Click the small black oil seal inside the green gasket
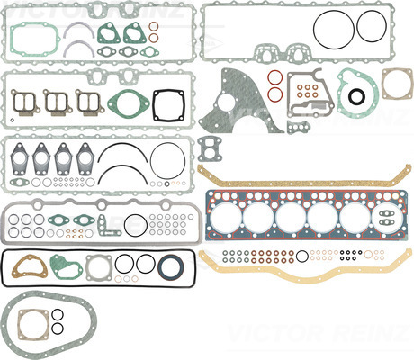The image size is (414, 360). pyautogui.click(x=356, y=96)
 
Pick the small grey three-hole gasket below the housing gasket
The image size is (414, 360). pyautogui.click(x=298, y=128)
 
